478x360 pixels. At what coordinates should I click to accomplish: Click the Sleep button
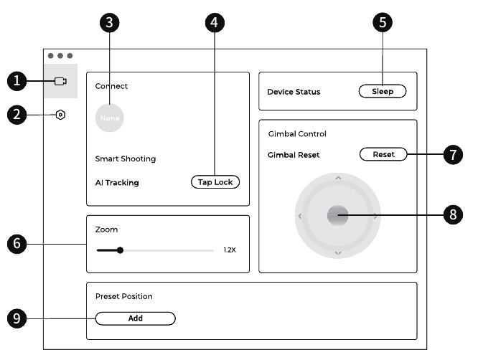coord(383,91)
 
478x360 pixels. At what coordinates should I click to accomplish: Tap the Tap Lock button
coord(215,182)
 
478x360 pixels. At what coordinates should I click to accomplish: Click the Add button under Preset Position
coord(136,318)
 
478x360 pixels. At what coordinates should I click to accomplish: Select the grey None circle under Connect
coord(109,118)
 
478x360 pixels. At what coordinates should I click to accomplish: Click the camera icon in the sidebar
coord(60,81)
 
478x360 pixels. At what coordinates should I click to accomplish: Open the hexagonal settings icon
coord(61,115)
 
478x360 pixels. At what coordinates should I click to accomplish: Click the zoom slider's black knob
coord(120,250)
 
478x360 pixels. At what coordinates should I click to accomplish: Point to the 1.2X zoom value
coord(230,250)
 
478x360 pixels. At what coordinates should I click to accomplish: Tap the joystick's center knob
coord(338,215)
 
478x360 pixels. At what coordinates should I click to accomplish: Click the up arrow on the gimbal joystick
coord(338,178)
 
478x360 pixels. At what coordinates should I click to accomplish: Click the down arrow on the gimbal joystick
coord(338,253)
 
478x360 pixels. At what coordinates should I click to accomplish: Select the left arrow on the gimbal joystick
coord(300,216)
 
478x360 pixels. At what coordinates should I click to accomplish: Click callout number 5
coord(383,22)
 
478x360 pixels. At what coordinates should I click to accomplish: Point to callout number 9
coord(17,318)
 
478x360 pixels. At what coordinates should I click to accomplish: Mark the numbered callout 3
coord(109,22)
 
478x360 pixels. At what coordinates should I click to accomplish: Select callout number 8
coord(453,214)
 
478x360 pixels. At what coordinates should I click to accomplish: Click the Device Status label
coord(294,92)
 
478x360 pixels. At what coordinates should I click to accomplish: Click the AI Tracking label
coord(117,182)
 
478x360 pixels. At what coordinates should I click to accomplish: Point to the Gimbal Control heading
coord(297,133)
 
